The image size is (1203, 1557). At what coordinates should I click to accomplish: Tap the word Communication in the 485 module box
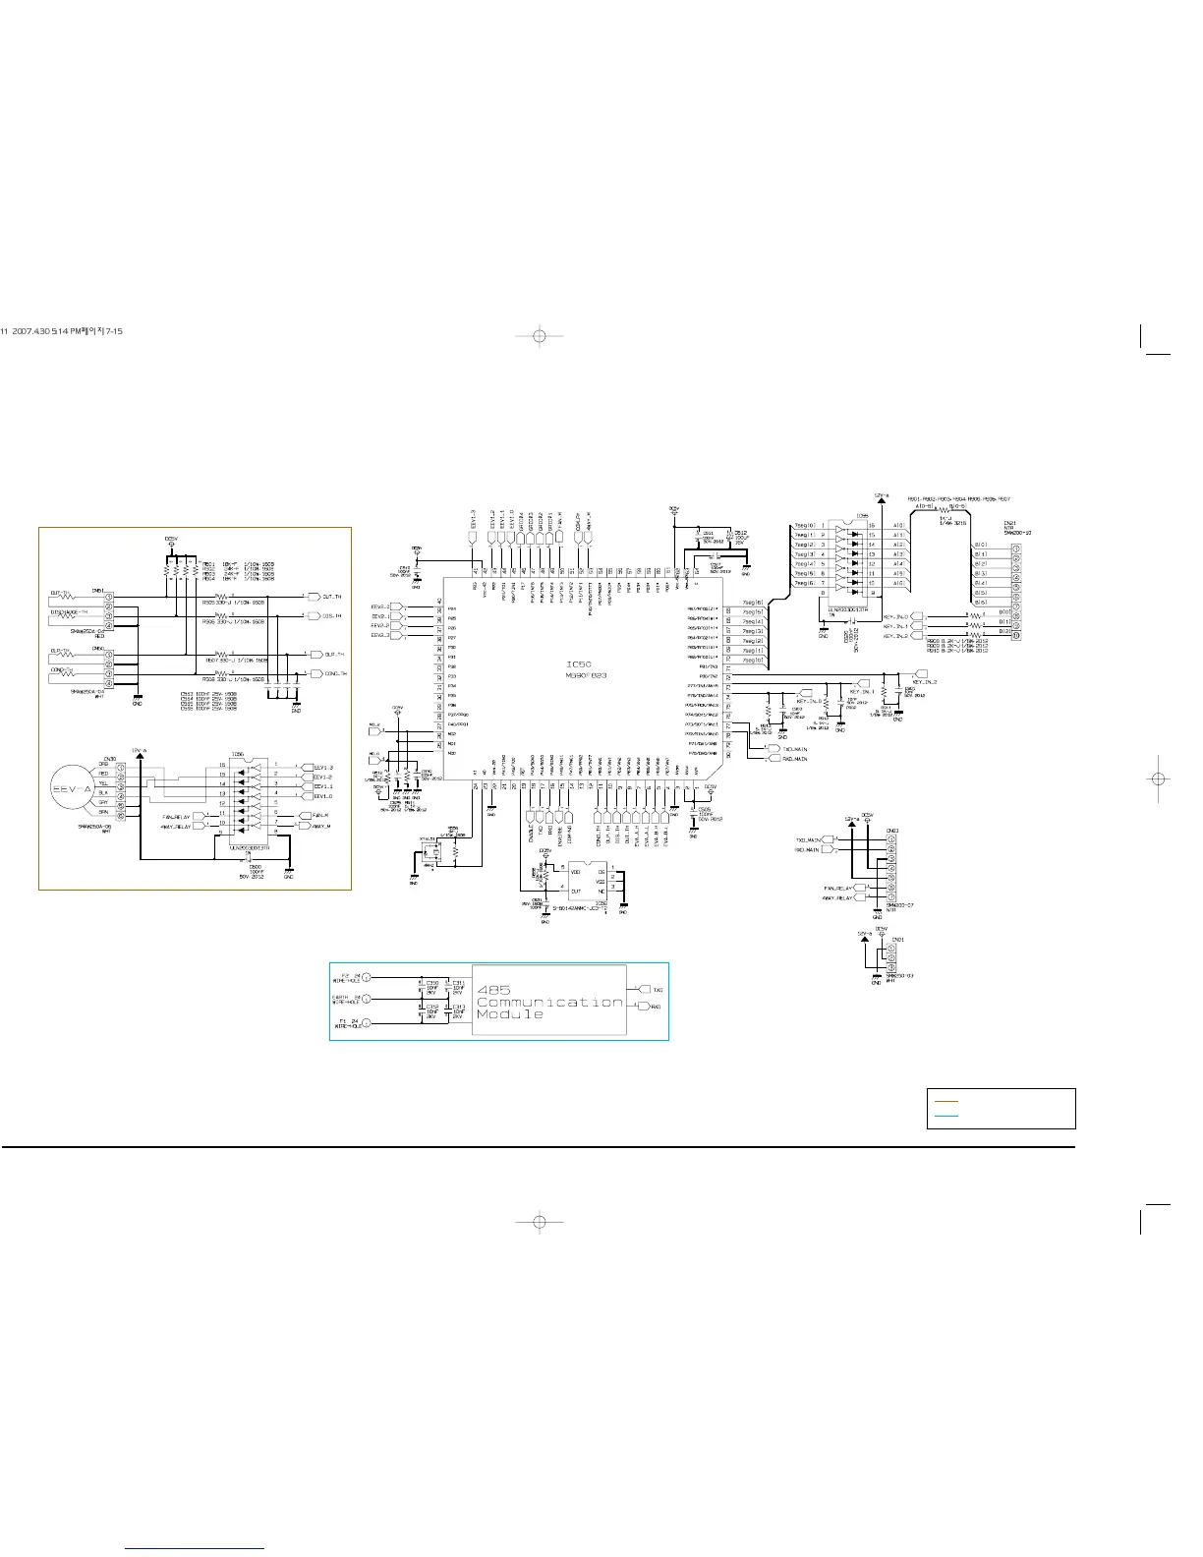(x=549, y=1002)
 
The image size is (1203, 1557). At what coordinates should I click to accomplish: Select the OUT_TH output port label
(x=325, y=597)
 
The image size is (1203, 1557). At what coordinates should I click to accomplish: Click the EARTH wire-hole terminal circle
(x=367, y=1001)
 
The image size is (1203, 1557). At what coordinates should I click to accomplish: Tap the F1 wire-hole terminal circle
(x=367, y=1024)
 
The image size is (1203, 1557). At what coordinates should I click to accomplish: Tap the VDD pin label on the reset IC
(x=575, y=871)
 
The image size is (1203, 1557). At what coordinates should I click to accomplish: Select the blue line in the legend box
(x=945, y=1117)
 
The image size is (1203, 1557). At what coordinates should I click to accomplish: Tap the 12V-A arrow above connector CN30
(x=144, y=754)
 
